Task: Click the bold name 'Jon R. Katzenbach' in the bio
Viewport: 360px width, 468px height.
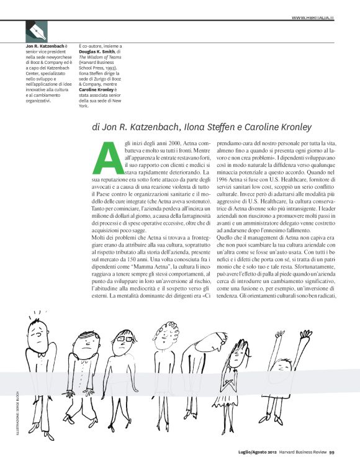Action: [x=44, y=47]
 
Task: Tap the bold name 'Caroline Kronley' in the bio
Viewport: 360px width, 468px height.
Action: [x=97, y=89]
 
